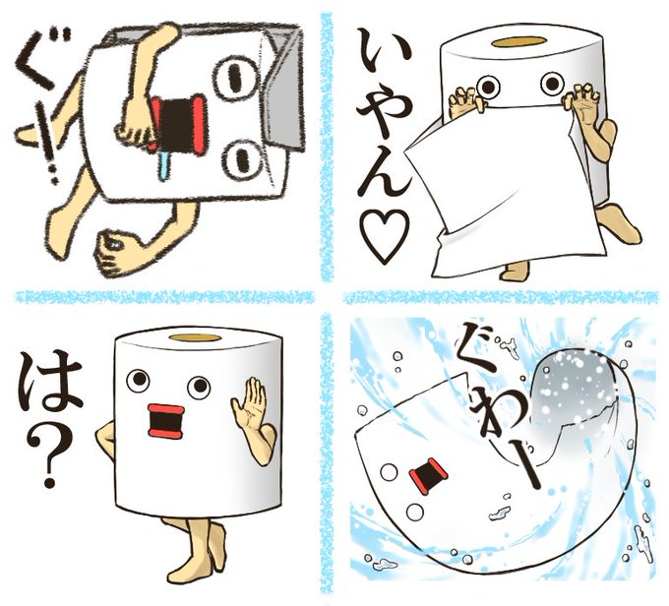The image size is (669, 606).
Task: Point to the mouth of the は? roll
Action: (166, 421)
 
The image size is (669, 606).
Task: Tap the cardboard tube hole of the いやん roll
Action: (518, 41)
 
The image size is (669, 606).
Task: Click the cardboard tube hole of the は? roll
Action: (195, 337)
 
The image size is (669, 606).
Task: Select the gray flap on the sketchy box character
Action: (282, 86)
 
